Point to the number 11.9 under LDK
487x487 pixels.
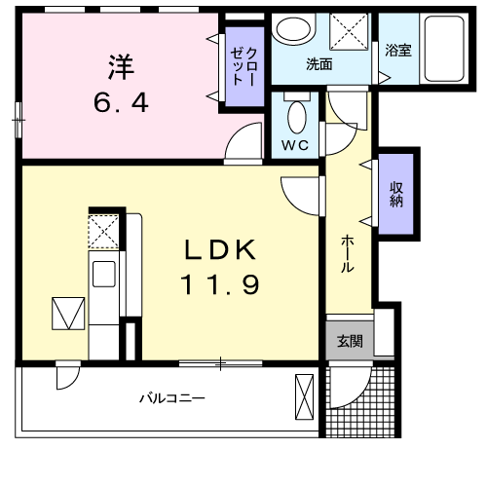[x=220, y=285]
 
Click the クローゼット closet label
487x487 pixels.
[x=243, y=67]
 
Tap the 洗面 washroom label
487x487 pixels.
[x=319, y=65]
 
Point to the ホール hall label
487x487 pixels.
[x=347, y=253]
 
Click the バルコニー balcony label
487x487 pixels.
[x=170, y=397]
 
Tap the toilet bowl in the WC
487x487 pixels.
[x=298, y=118]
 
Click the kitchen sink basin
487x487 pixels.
[x=104, y=273]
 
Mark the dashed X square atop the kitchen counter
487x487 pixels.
[x=102, y=232]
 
